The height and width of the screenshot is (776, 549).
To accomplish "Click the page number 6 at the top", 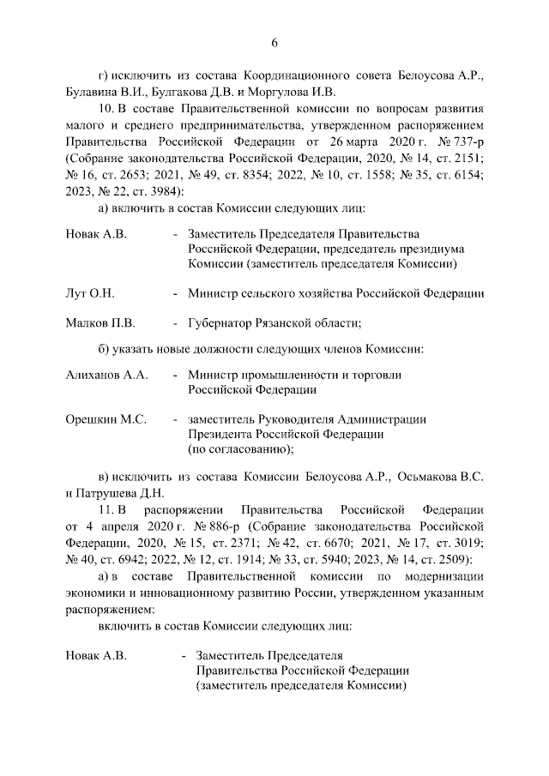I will click(274, 43).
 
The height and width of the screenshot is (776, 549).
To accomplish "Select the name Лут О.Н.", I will click(89, 293).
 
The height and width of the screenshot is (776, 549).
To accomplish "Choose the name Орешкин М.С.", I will click(106, 419).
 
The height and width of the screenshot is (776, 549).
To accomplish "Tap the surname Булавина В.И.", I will click(104, 92).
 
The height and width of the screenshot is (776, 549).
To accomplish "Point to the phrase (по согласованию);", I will click(242, 448).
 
